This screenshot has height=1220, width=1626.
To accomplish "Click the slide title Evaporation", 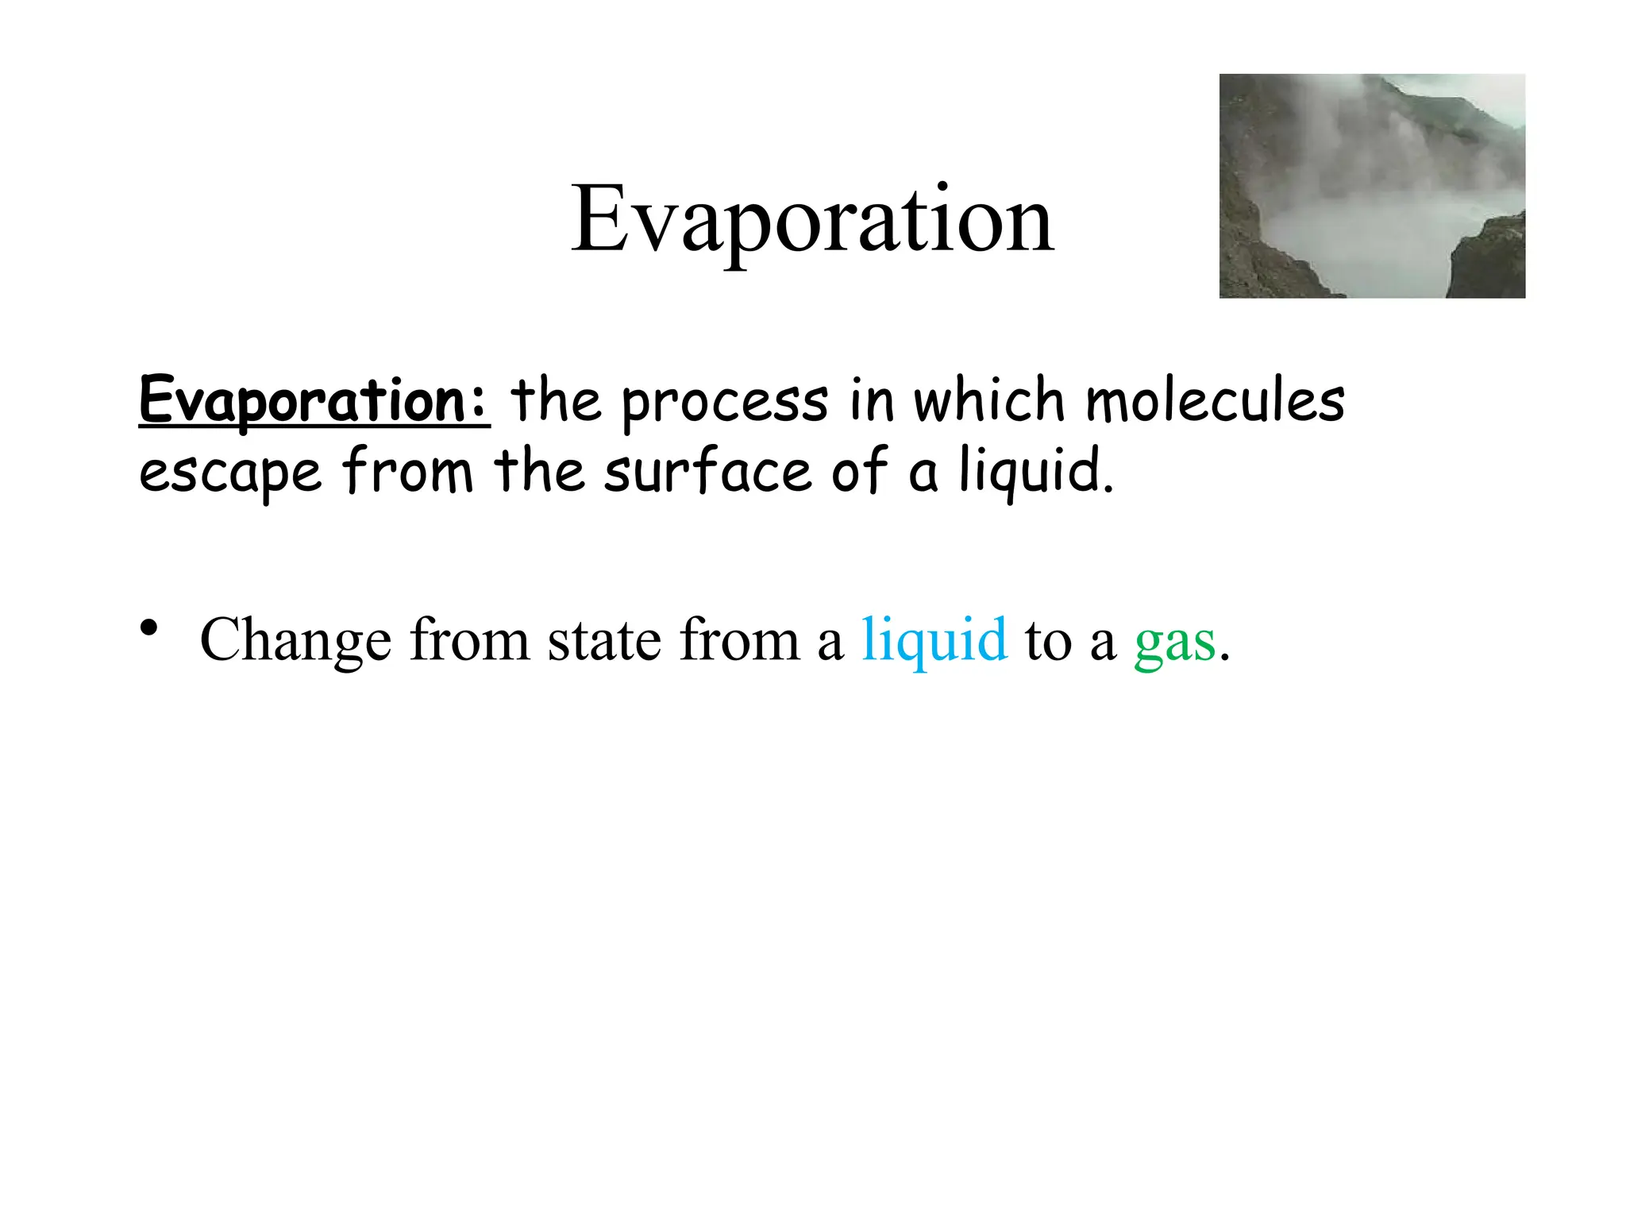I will click(812, 220).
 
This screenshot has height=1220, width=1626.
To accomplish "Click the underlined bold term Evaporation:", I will click(314, 401).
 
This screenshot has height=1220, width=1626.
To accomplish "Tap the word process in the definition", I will click(725, 403).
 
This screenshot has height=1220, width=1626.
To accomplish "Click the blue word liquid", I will click(934, 640).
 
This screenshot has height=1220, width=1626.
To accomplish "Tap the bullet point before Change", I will click(148, 628).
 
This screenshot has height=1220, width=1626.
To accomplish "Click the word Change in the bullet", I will click(295, 640).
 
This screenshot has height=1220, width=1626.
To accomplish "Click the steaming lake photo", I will click(1372, 186).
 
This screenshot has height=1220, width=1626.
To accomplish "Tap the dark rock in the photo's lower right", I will click(1488, 262).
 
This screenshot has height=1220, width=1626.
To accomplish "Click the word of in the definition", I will click(859, 470).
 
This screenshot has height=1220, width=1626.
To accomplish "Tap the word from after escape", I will click(408, 470).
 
